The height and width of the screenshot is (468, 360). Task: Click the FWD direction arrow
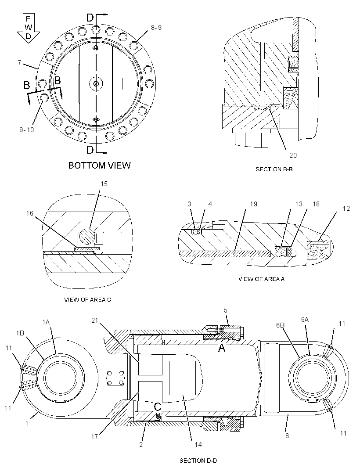click(28, 28)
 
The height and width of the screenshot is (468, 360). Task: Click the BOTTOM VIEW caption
click(99, 166)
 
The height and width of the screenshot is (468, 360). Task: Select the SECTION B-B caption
click(274, 169)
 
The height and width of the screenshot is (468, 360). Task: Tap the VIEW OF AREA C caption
click(87, 299)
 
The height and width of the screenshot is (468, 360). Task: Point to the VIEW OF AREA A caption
click(261, 279)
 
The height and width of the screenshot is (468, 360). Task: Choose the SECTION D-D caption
click(198, 461)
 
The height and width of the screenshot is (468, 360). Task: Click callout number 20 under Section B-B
click(293, 155)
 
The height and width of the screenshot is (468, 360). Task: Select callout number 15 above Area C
click(104, 184)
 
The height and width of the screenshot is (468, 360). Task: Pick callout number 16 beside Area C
click(30, 213)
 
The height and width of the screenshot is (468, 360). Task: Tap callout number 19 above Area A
click(253, 204)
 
